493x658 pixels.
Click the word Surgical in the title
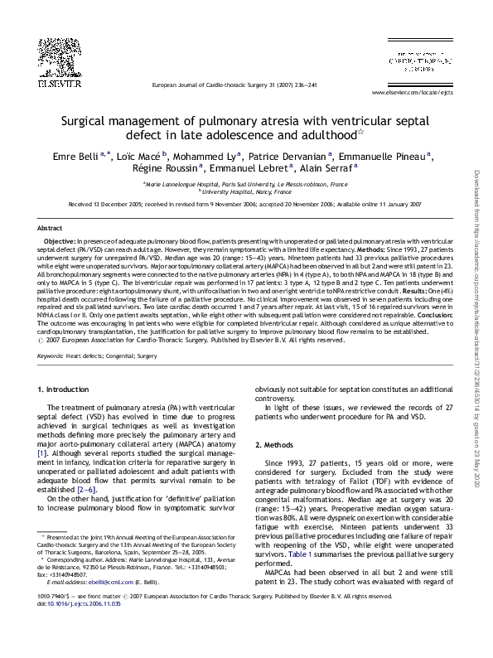point(91,119)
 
